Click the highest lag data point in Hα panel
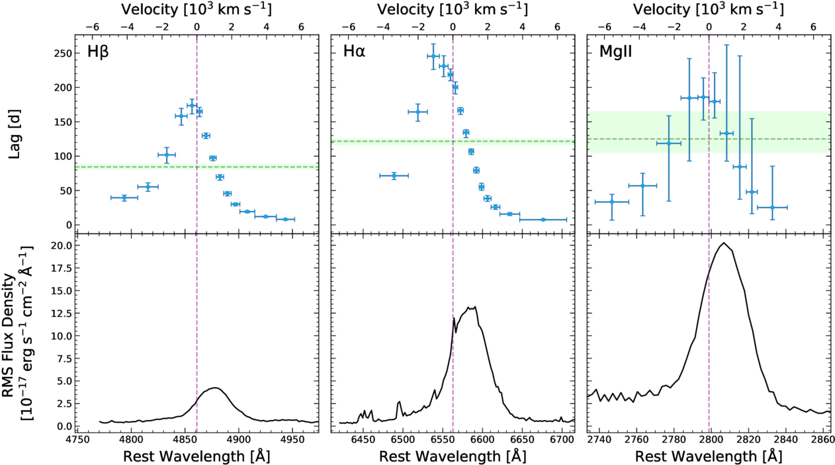pos(433,56)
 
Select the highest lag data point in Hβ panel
pos(192,105)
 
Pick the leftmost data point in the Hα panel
pos(394,175)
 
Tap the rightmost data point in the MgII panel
pos(772,207)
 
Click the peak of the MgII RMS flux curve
pos(724,243)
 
